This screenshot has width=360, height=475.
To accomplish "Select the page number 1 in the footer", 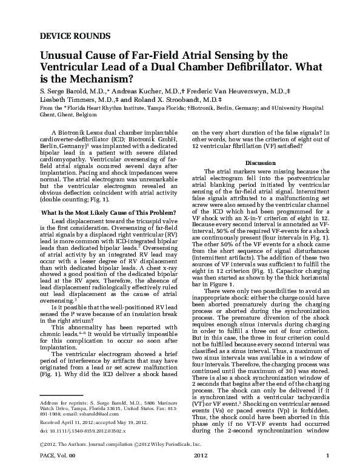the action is click(x=328, y=472).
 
